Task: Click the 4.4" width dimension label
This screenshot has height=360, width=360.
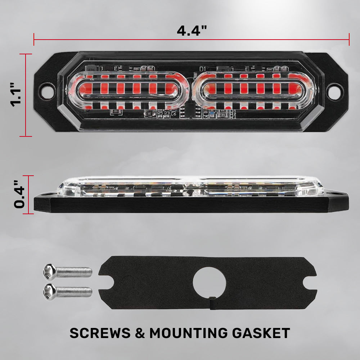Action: (192, 31)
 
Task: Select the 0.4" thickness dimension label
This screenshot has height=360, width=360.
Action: (19, 194)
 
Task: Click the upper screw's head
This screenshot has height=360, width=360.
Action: (50, 272)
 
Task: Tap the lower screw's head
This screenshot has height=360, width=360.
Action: (50, 292)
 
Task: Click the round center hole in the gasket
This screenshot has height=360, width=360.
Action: (209, 283)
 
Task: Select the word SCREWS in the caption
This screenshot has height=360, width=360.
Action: (100, 333)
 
